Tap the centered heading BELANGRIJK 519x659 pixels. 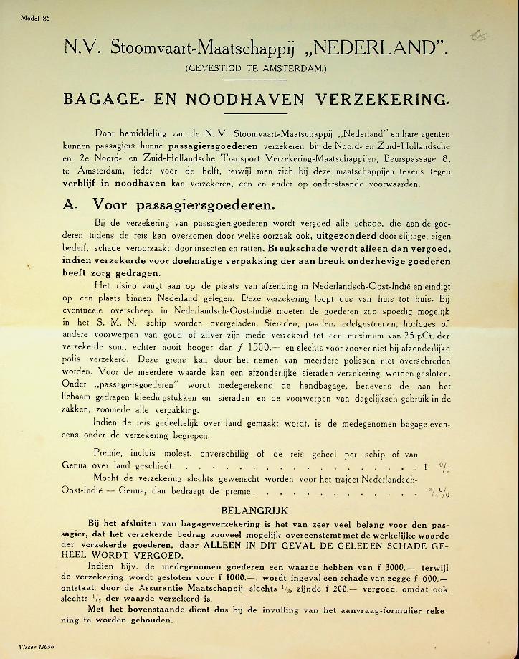256,511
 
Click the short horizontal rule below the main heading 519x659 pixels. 256,113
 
